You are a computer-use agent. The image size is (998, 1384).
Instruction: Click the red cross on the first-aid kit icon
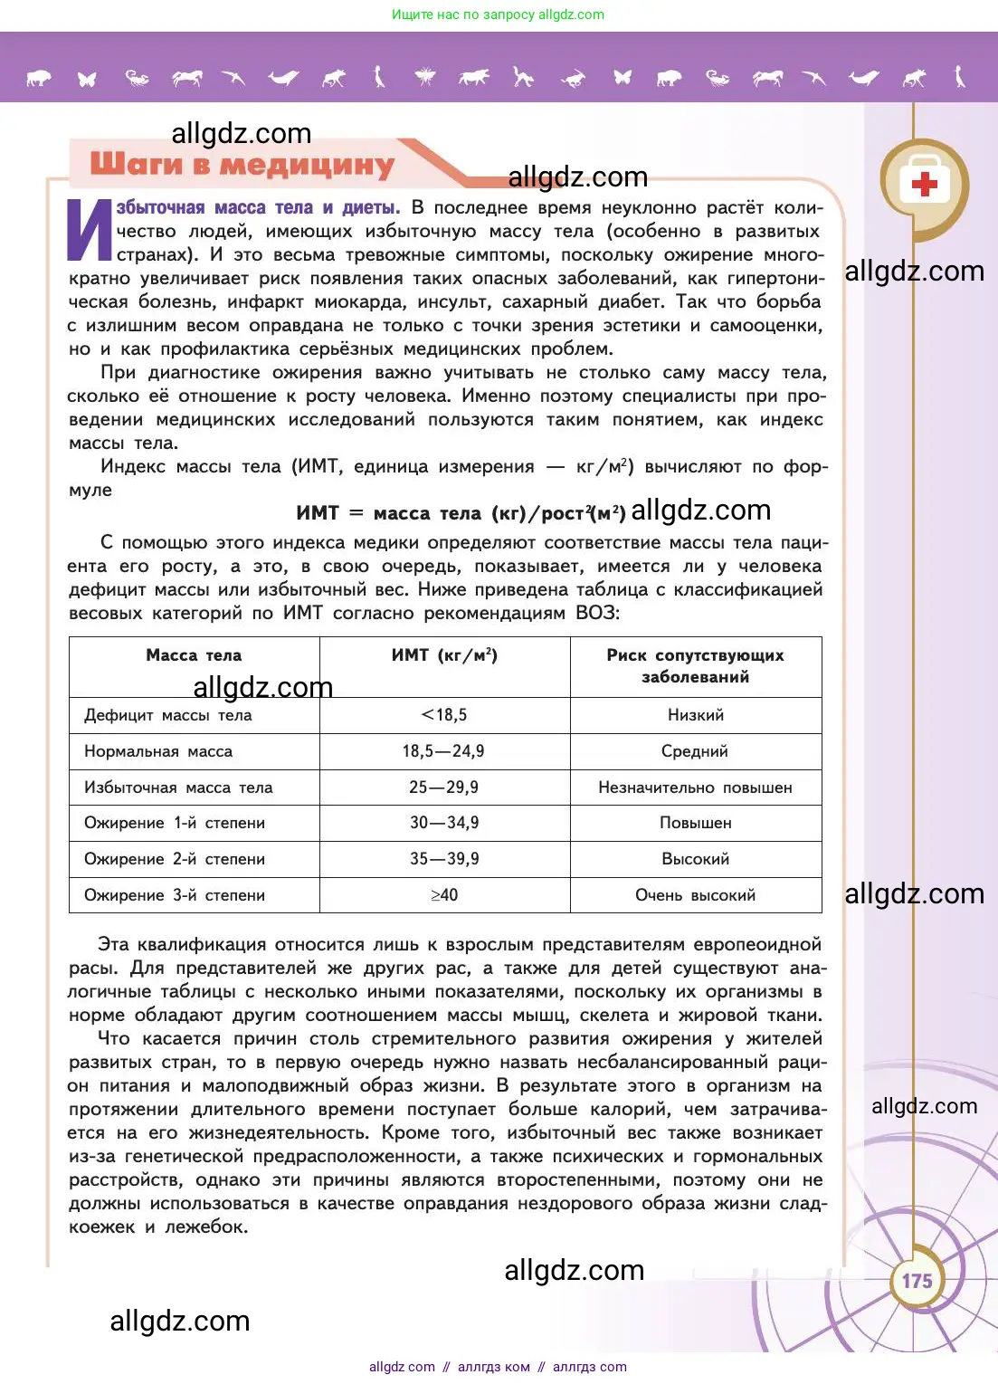tap(924, 185)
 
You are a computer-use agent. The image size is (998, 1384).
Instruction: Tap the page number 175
tap(917, 1281)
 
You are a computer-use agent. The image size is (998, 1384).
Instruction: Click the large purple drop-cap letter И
tap(90, 230)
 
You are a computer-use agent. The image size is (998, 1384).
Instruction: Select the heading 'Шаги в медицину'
tap(242, 165)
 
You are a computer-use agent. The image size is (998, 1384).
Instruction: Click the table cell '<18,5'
tap(444, 715)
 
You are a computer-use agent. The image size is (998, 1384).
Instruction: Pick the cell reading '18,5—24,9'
tap(443, 751)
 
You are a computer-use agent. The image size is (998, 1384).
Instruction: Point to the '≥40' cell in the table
tap(444, 895)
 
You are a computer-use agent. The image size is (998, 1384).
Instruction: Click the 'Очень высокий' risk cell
tap(695, 895)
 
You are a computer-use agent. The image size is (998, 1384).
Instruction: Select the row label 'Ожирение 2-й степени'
tap(175, 859)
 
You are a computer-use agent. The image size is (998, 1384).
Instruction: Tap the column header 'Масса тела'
tap(194, 655)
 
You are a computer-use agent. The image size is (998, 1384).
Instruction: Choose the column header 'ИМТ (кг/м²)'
tap(444, 655)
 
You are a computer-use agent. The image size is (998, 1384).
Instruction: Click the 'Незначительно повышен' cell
tap(695, 787)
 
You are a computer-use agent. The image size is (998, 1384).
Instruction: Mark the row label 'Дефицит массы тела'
tap(168, 715)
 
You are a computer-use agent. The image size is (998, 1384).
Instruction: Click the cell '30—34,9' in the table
tap(444, 823)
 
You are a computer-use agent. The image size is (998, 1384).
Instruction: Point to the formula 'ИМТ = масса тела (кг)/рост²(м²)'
tap(461, 513)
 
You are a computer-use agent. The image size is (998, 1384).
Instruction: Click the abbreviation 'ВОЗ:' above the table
tap(597, 613)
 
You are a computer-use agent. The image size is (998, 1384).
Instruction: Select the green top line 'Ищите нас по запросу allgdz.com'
tap(498, 14)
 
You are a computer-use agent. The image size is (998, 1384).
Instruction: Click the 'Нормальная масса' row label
tap(158, 751)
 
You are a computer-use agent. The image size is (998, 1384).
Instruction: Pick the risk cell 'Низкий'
tap(695, 715)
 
